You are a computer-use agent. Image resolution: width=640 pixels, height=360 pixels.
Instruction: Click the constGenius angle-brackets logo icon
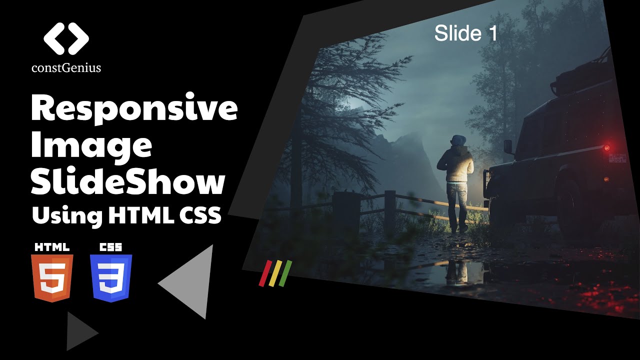click(x=66, y=38)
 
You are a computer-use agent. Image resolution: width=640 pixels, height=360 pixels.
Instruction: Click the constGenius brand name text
click(x=66, y=67)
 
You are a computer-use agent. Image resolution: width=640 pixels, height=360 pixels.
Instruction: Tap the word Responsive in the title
click(x=134, y=109)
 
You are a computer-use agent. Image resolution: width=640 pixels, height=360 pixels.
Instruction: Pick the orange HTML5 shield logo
click(x=52, y=277)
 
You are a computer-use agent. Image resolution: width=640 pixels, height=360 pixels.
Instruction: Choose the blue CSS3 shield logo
click(x=111, y=277)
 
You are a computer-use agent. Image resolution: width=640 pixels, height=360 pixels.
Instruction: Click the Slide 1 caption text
click(x=466, y=33)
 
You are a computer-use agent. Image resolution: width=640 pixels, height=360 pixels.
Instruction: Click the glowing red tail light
click(x=606, y=148)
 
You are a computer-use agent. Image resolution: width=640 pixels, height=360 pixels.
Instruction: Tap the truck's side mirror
click(x=508, y=146)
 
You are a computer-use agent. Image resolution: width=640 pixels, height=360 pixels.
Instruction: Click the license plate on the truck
click(x=617, y=158)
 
